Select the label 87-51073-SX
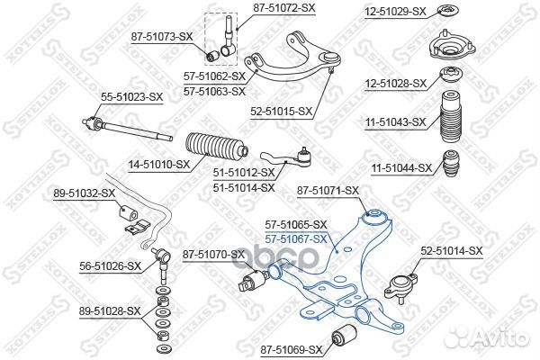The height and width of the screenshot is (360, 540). tap(162, 36)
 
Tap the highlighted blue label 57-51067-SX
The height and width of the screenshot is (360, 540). tap(295, 238)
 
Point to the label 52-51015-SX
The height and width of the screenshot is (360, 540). tap(280, 112)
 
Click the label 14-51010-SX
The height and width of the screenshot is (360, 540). tap(157, 165)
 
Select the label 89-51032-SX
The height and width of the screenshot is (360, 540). tap(85, 193)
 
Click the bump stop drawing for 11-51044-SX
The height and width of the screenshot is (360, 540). tap(450, 166)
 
